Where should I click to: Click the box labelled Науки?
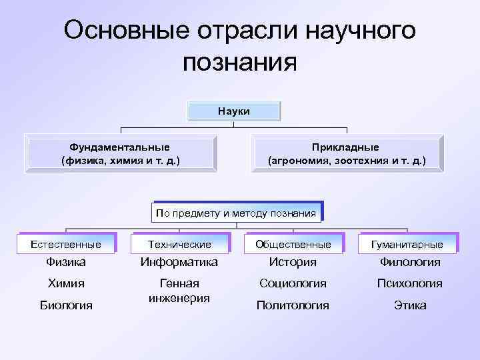click(x=234, y=111)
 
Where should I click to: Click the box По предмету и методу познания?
click(x=236, y=213)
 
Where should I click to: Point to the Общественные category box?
click(x=293, y=245)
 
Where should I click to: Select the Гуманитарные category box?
click(x=408, y=245)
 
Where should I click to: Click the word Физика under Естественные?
click(x=66, y=263)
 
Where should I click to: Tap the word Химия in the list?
click(x=66, y=283)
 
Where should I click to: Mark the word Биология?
click(x=66, y=305)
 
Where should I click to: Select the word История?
click(x=293, y=263)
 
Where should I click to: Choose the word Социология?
click(x=293, y=283)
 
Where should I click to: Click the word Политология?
click(x=293, y=305)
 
